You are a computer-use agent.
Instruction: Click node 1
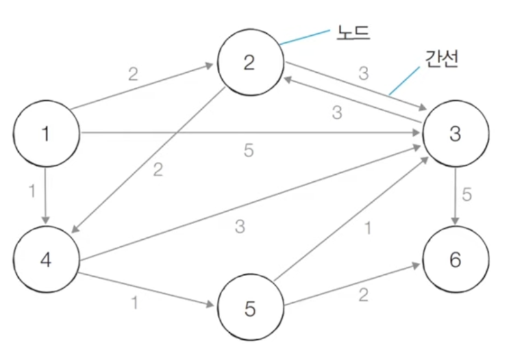click(45, 135)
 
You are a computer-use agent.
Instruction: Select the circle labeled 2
click(250, 63)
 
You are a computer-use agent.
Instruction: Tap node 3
click(454, 135)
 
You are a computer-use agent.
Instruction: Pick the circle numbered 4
click(45, 259)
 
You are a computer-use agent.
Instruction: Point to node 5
click(250, 309)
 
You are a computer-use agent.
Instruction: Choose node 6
click(454, 259)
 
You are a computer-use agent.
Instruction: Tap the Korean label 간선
click(442, 60)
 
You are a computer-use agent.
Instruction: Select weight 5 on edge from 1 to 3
click(248, 151)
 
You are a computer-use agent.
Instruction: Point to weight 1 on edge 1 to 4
click(31, 193)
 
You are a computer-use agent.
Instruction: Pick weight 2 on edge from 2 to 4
click(158, 171)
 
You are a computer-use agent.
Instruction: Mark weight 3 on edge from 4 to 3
click(240, 227)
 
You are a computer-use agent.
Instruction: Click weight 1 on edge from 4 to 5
click(135, 302)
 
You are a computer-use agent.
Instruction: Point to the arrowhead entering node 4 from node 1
click(45, 220)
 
